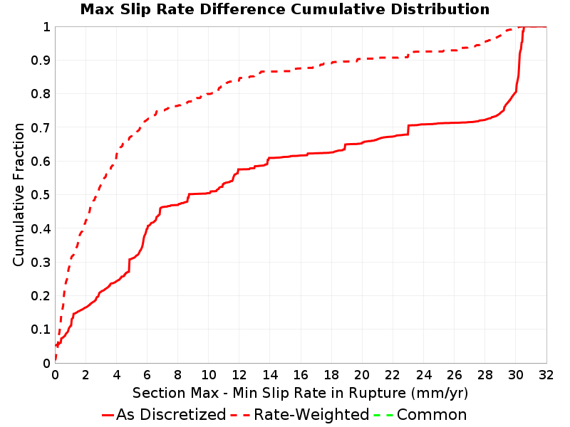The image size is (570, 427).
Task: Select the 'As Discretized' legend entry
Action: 164,414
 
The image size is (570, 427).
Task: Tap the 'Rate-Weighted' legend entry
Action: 300,414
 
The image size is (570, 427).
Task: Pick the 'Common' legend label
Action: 432,414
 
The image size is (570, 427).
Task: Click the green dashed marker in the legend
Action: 384,415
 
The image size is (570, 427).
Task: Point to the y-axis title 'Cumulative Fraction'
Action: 19,194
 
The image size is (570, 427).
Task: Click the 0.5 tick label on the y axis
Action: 41,195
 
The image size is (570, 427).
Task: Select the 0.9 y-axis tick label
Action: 41,60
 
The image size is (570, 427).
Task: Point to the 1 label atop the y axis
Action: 46,27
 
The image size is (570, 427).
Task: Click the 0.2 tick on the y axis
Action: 41,296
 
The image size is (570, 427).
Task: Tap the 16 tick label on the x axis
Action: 301,375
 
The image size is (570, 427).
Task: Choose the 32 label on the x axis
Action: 546,375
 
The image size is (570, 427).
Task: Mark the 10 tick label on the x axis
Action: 209,375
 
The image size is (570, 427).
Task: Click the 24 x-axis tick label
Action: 423,375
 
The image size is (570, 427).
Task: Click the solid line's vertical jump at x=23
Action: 408,130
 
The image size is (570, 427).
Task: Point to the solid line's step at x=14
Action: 269,161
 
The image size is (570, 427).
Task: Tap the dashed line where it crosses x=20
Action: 362,59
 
